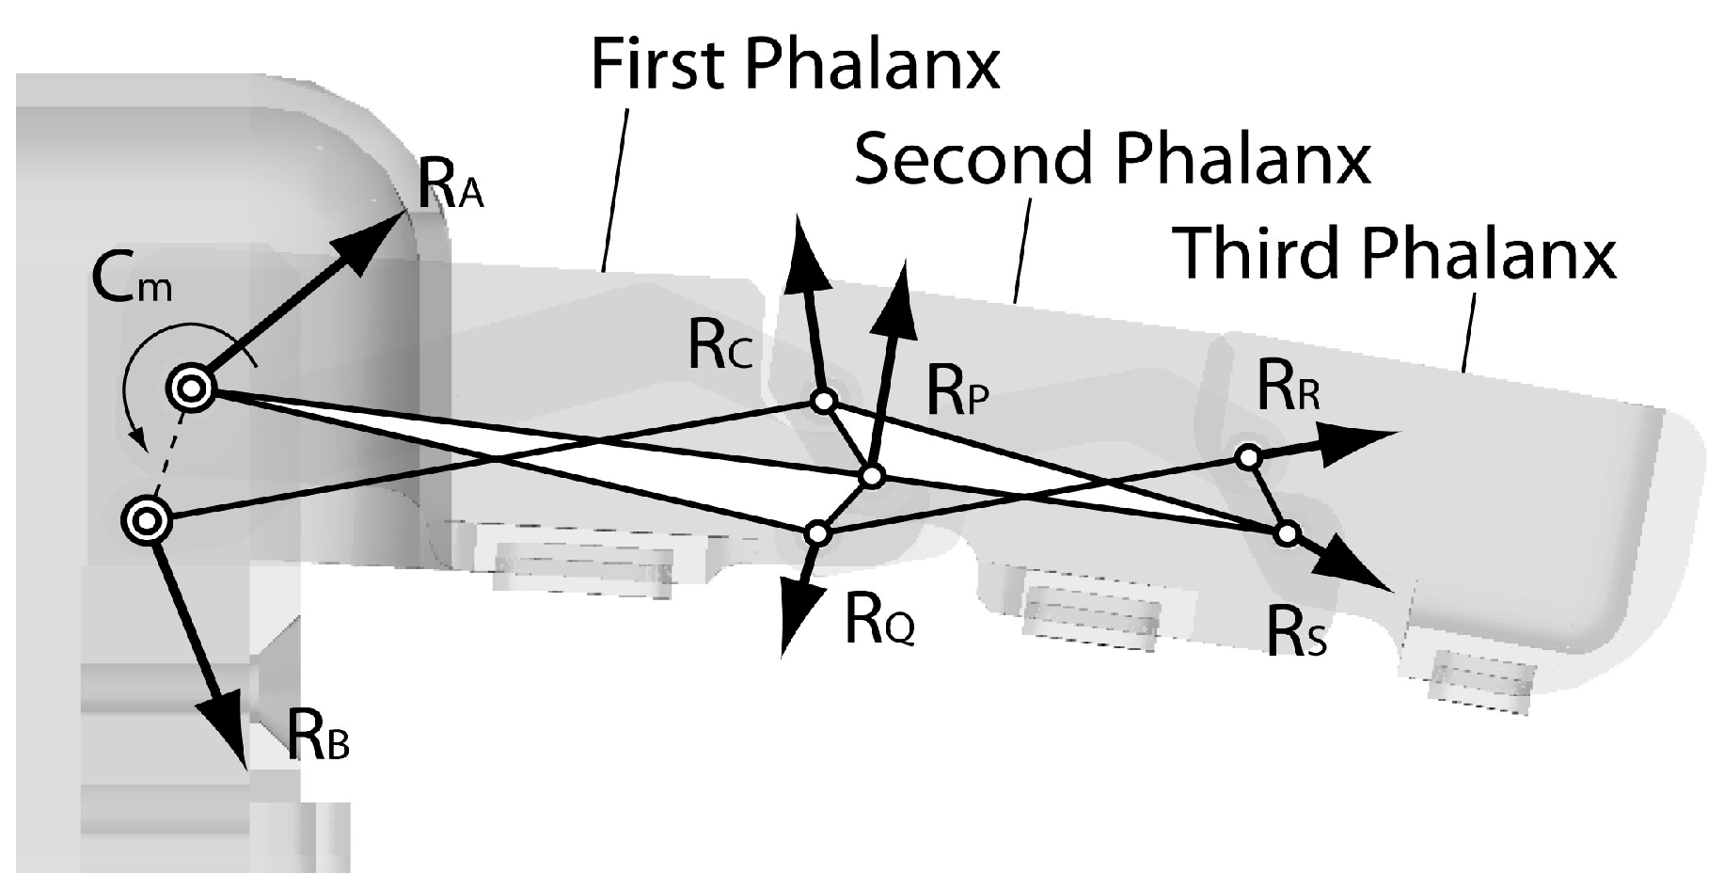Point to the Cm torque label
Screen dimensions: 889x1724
point(132,278)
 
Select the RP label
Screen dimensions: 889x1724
point(957,392)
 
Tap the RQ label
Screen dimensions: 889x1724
point(878,622)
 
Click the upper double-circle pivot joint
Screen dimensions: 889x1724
point(191,389)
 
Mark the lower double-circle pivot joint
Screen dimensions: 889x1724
point(149,519)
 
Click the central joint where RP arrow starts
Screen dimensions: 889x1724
point(872,477)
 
